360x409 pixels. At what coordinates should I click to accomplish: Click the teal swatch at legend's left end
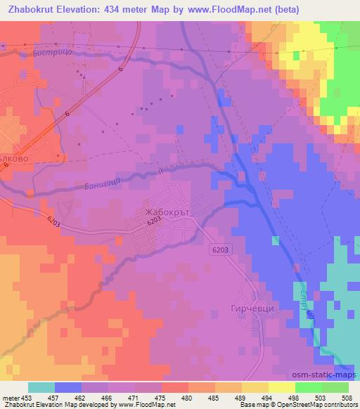[x=41, y=387]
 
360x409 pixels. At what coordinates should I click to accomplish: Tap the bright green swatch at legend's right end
[x=335, y=387]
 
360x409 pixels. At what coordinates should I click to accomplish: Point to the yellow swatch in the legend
[x=281, y=387]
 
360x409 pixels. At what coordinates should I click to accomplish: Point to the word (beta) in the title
[x=281, y=10]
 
